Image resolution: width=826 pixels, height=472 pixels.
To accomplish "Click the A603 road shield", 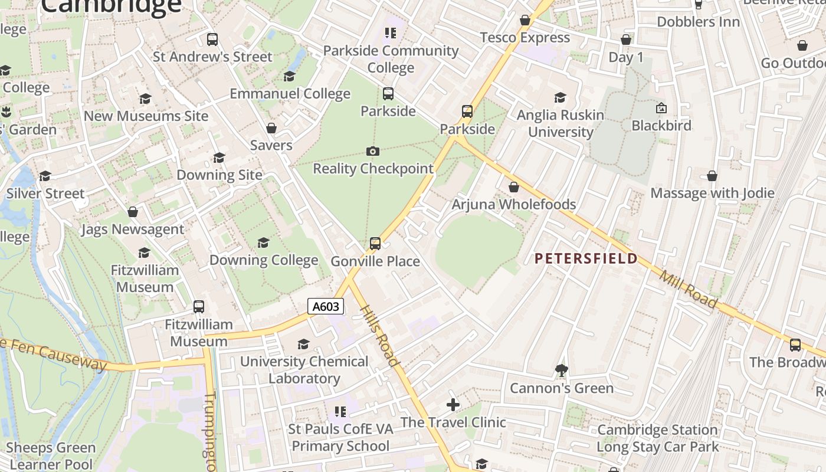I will point(325,306).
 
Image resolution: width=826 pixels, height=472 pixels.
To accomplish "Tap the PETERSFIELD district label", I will point(586,258).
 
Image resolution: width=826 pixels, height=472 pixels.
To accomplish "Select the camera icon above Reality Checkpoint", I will point(373,152).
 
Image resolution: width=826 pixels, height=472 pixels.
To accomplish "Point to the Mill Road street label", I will point(688,289).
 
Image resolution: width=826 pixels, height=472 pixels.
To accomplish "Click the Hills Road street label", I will point(379,335).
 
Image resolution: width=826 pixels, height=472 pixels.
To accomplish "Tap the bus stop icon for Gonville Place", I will point(375,243).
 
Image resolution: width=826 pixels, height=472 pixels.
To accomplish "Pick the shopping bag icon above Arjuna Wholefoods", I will point(514,187).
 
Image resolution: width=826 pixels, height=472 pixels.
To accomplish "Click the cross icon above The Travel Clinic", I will point(453,405).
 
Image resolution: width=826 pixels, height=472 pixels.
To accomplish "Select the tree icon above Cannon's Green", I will point(562,371).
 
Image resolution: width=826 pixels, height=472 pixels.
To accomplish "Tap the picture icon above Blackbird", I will point(661,108).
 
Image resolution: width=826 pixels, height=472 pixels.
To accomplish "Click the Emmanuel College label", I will point(290,94).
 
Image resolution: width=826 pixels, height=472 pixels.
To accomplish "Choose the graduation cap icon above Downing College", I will point(264,242).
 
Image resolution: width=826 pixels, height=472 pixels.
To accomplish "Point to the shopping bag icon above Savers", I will point(271,128).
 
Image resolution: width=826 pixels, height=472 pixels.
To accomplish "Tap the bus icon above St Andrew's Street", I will point(212,40).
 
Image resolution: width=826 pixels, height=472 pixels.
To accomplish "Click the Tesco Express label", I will point(525,38).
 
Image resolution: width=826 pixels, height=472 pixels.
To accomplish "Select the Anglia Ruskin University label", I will point(560,123).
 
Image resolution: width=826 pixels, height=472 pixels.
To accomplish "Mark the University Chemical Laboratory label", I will point(304,370).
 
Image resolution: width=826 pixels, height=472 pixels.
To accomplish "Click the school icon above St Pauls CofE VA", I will point(340,411).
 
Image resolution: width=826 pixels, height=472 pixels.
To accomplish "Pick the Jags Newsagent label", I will point(133,230).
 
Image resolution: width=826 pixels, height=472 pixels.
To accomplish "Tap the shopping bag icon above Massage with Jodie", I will point(712,176).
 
